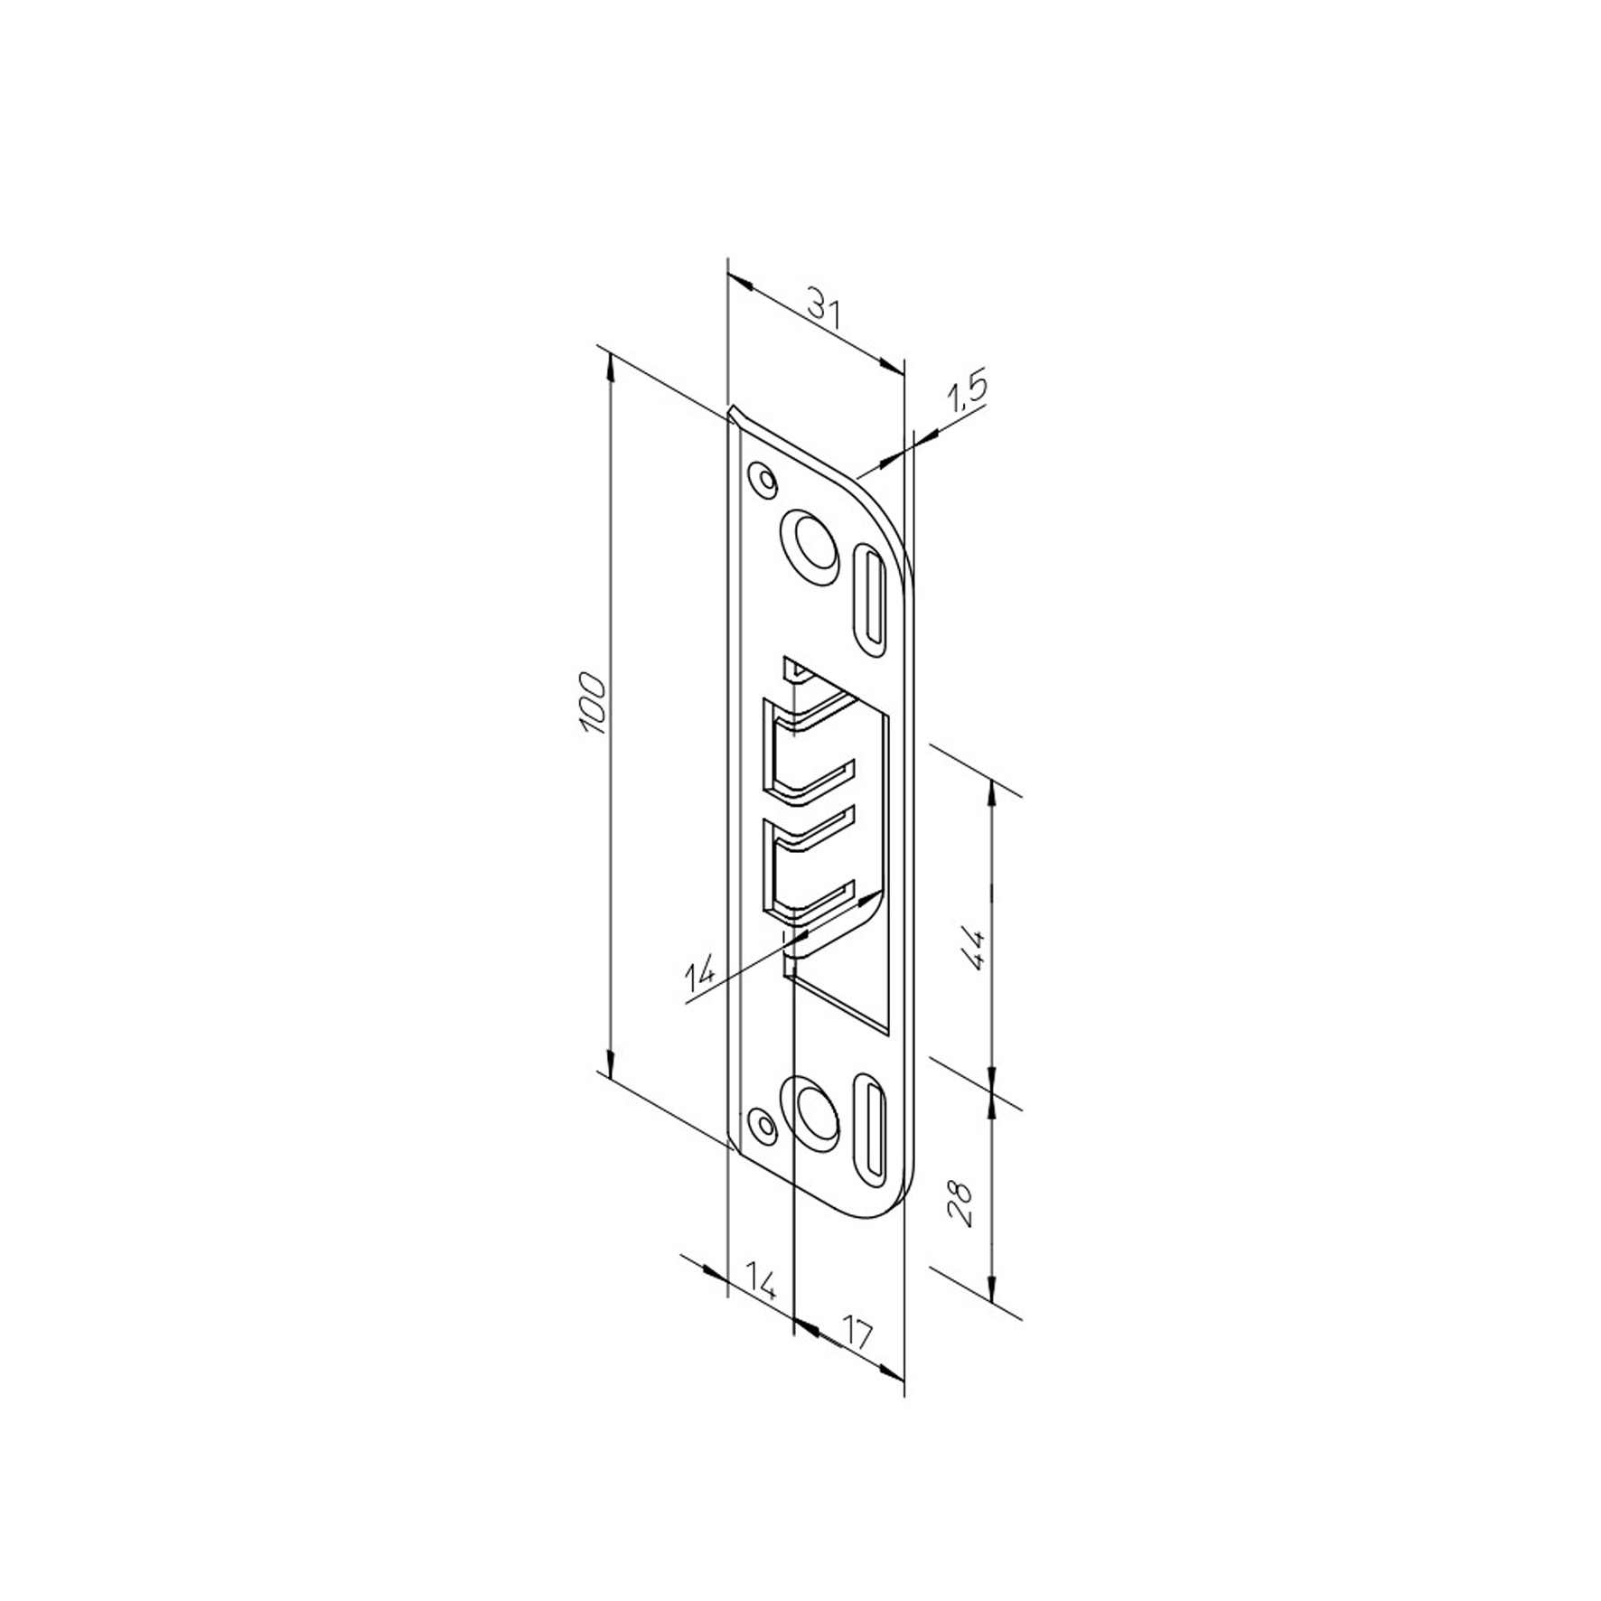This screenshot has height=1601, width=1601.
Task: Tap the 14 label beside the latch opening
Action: (700, 974)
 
